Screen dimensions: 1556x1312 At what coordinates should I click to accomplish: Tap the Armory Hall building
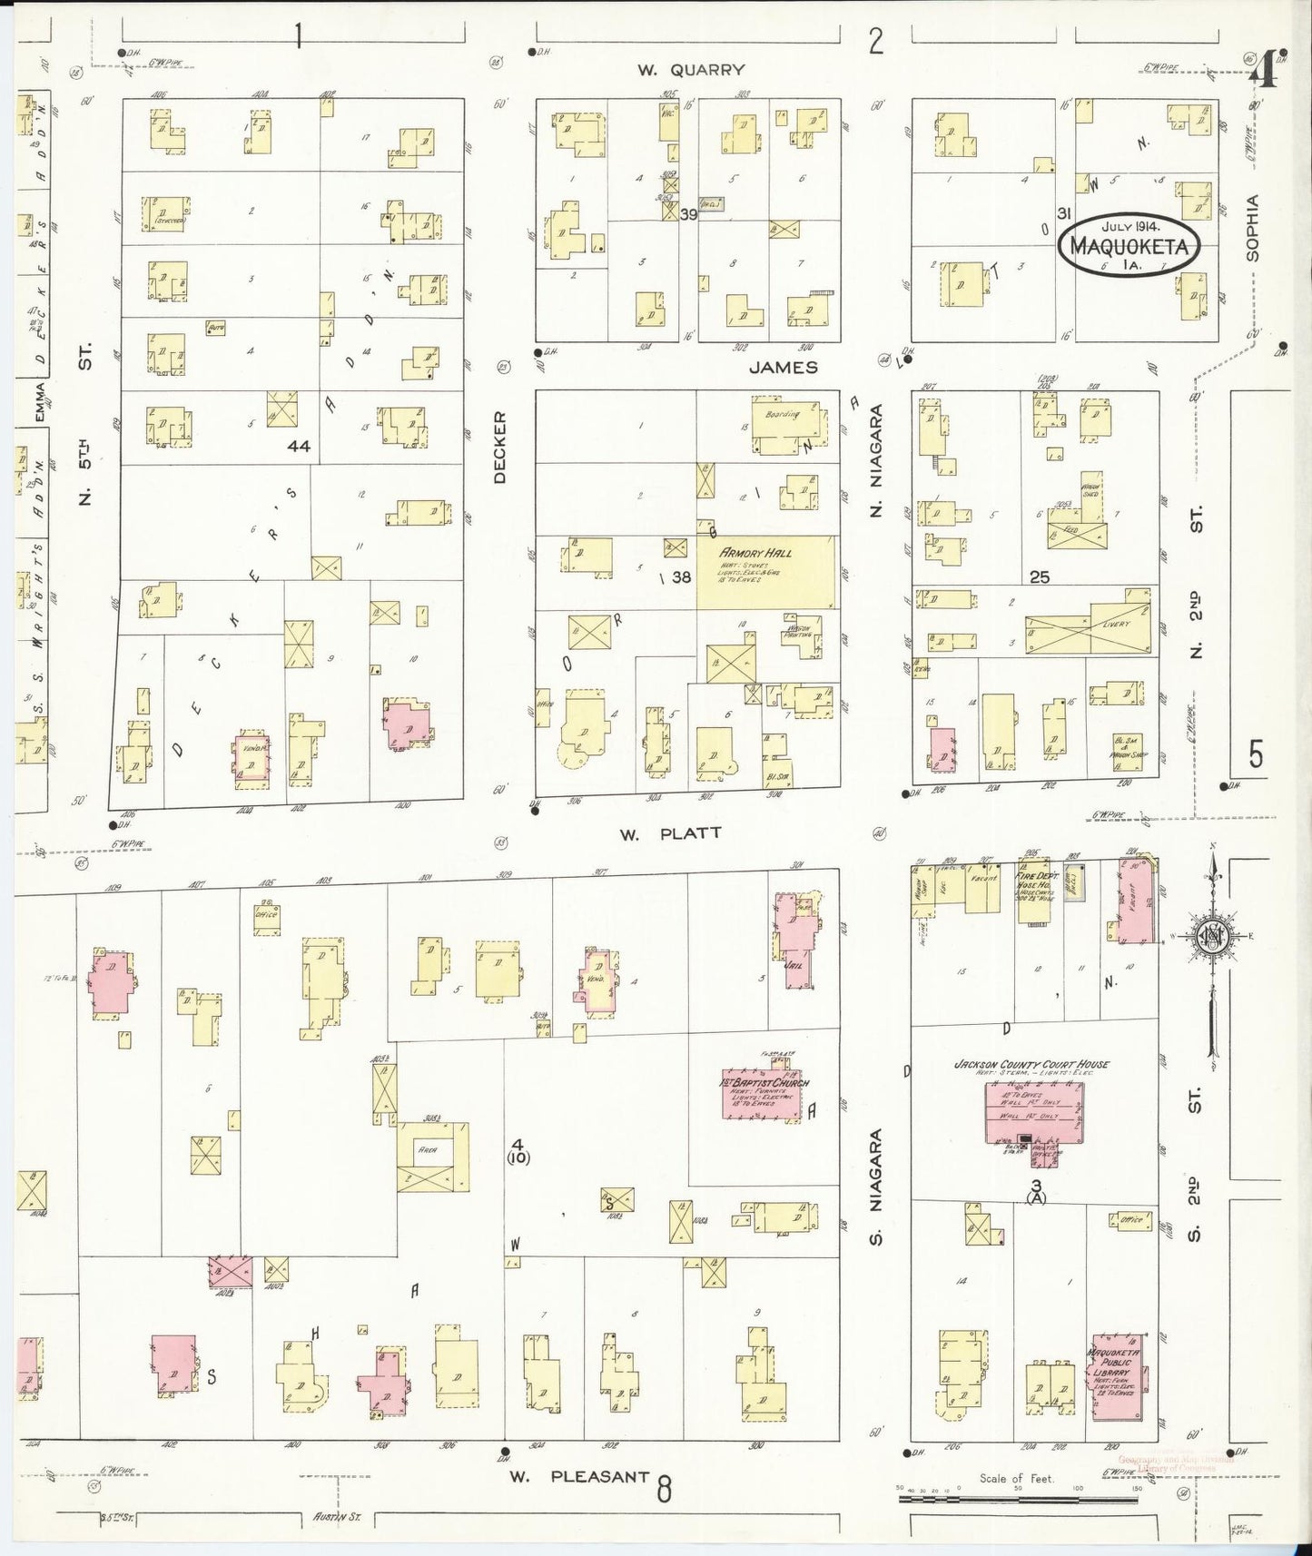(765, 572)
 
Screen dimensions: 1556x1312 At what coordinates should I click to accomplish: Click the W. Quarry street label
(690, 70)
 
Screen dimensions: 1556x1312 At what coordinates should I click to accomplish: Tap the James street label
(784, 367)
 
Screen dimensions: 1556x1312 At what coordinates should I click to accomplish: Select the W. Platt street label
(671, 832)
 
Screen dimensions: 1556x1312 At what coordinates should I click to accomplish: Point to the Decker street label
(500, 448)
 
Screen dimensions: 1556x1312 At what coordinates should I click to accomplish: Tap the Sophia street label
(1253, 228)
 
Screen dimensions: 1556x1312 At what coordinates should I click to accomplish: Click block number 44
(299, 446)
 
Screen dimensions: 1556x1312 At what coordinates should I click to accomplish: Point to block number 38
(680, 576)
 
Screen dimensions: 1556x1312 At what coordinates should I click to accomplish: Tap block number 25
(1040, 576)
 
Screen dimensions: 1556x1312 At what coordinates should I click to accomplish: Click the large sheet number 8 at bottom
(665, 1489)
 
